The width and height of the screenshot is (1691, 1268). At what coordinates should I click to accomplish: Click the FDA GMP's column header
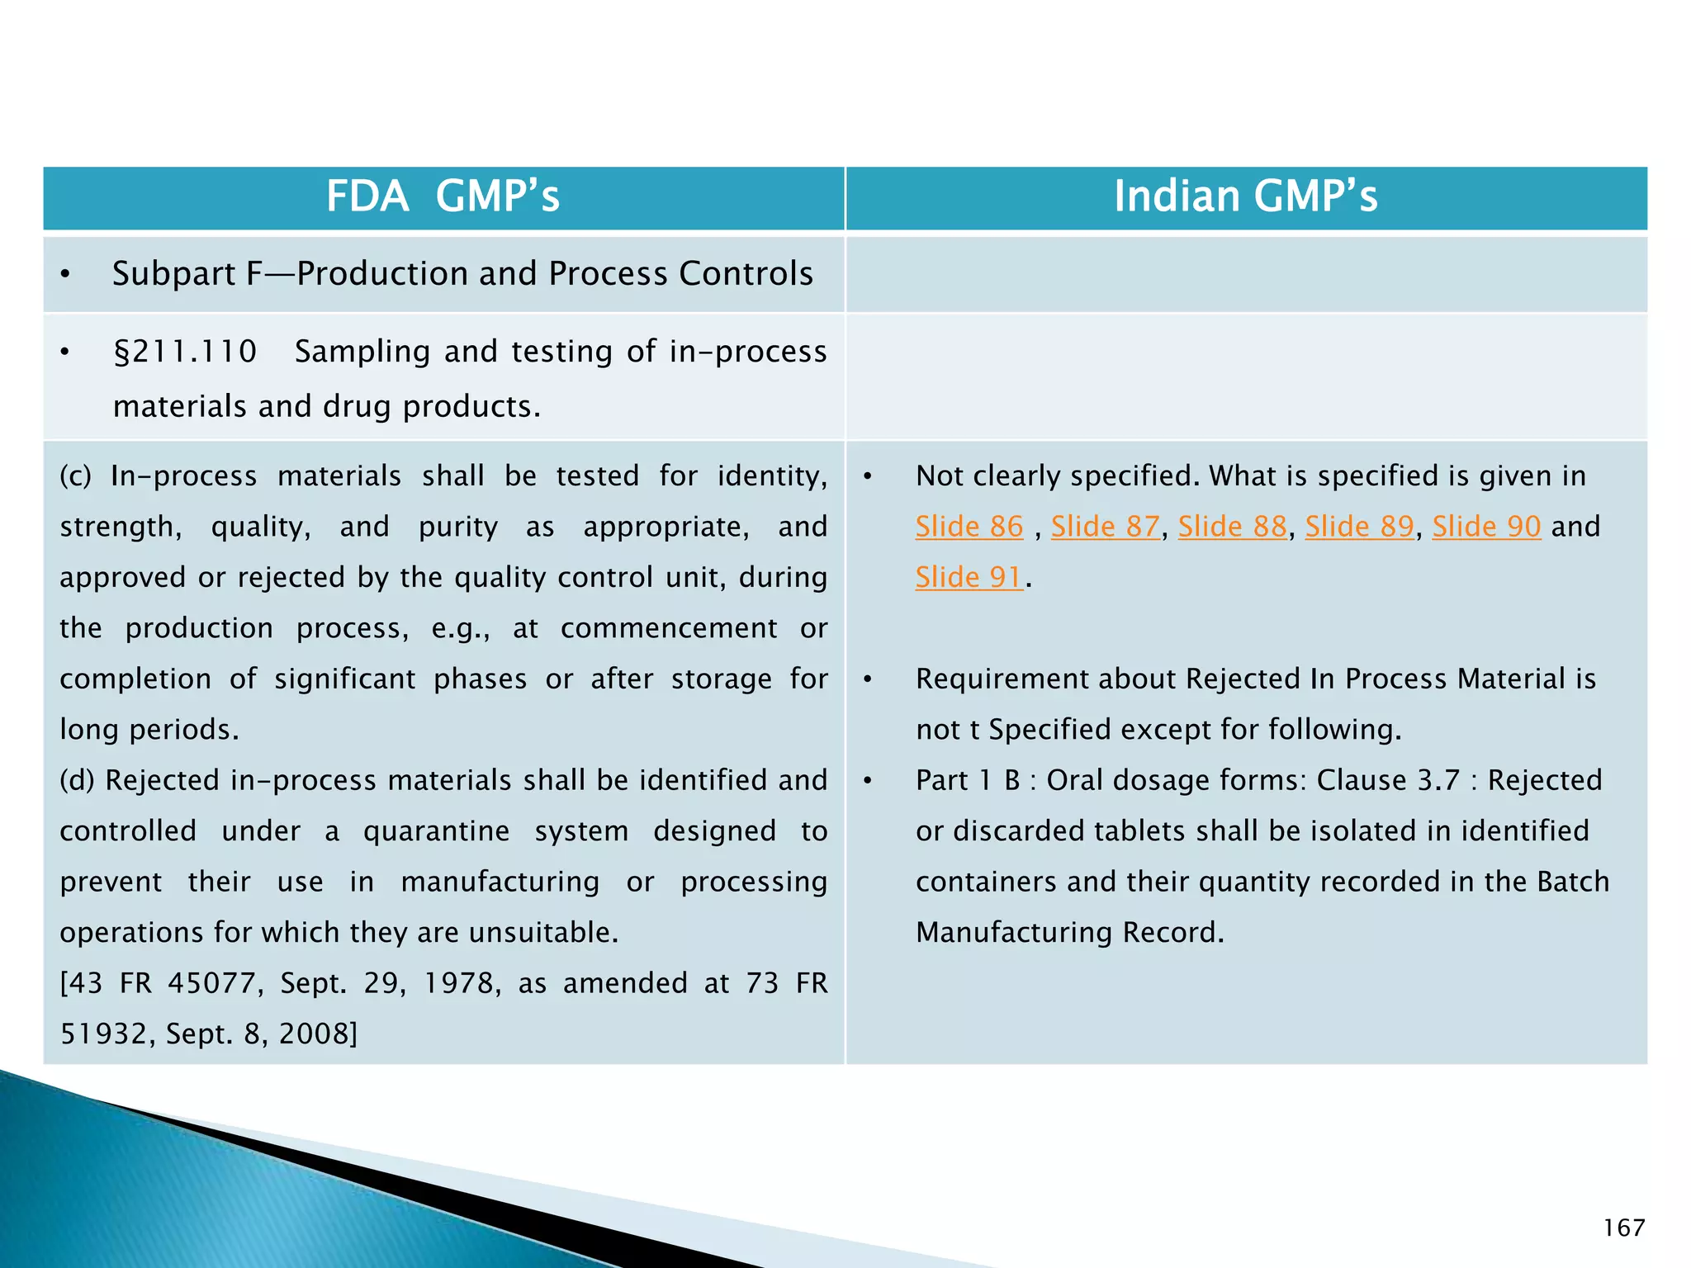pos(443,196)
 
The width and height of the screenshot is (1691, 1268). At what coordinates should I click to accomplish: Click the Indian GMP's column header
pos(1245,196)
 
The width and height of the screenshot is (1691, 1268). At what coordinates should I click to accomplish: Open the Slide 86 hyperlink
pos(969,527)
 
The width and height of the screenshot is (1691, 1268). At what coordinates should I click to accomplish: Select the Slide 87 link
pos(1105,527)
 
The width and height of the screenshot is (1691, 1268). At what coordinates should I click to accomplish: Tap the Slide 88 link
pos(1232,527)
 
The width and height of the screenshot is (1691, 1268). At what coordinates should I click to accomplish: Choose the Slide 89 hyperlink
pos(1359,527)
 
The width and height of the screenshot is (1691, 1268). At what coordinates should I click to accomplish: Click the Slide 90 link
pos(1486,527)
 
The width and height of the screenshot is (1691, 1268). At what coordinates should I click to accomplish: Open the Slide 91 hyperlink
pos(969,577)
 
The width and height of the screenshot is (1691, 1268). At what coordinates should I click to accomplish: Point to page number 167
pos(1623,1228)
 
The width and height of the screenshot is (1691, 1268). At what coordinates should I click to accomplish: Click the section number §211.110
pos(185,352)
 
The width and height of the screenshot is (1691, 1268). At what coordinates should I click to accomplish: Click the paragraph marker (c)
pos(76,476)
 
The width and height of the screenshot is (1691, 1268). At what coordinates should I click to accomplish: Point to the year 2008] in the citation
pos(318,1034)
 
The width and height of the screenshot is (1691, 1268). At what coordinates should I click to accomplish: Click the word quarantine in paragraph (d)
pos(436,831)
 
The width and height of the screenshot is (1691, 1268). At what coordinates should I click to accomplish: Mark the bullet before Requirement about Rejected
pos(867,679)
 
